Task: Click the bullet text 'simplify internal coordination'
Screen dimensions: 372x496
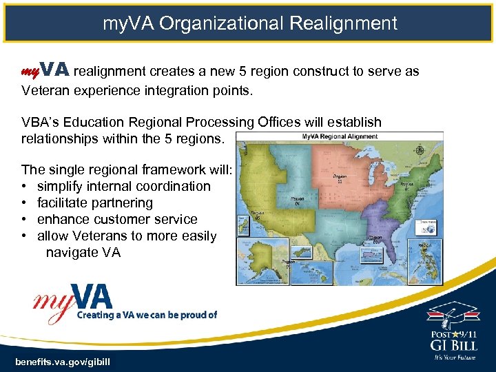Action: coord(123,186)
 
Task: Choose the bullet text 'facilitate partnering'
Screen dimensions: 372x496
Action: coord(94,203)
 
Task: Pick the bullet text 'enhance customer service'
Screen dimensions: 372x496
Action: coord(116,219)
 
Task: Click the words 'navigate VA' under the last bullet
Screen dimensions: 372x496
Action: coord(83,252)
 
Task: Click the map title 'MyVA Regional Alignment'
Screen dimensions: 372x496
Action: coord(340,136)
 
